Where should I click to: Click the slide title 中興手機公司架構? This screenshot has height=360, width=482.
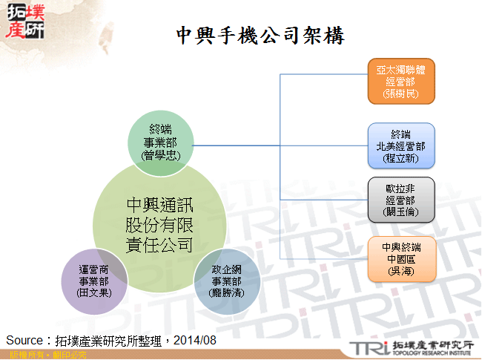pos(260,35)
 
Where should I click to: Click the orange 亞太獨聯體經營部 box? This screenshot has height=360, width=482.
pos(400,82)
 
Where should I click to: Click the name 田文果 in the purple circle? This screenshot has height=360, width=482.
pos(94,292)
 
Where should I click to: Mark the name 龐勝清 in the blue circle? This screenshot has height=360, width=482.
pos(227,292)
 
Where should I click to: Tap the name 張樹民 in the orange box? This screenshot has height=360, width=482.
pos(400,94)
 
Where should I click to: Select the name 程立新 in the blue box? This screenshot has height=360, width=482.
pos(400,157)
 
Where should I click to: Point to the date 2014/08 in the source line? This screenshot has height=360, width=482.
pos(194,340)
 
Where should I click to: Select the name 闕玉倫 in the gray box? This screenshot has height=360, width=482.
pos(400,212)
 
